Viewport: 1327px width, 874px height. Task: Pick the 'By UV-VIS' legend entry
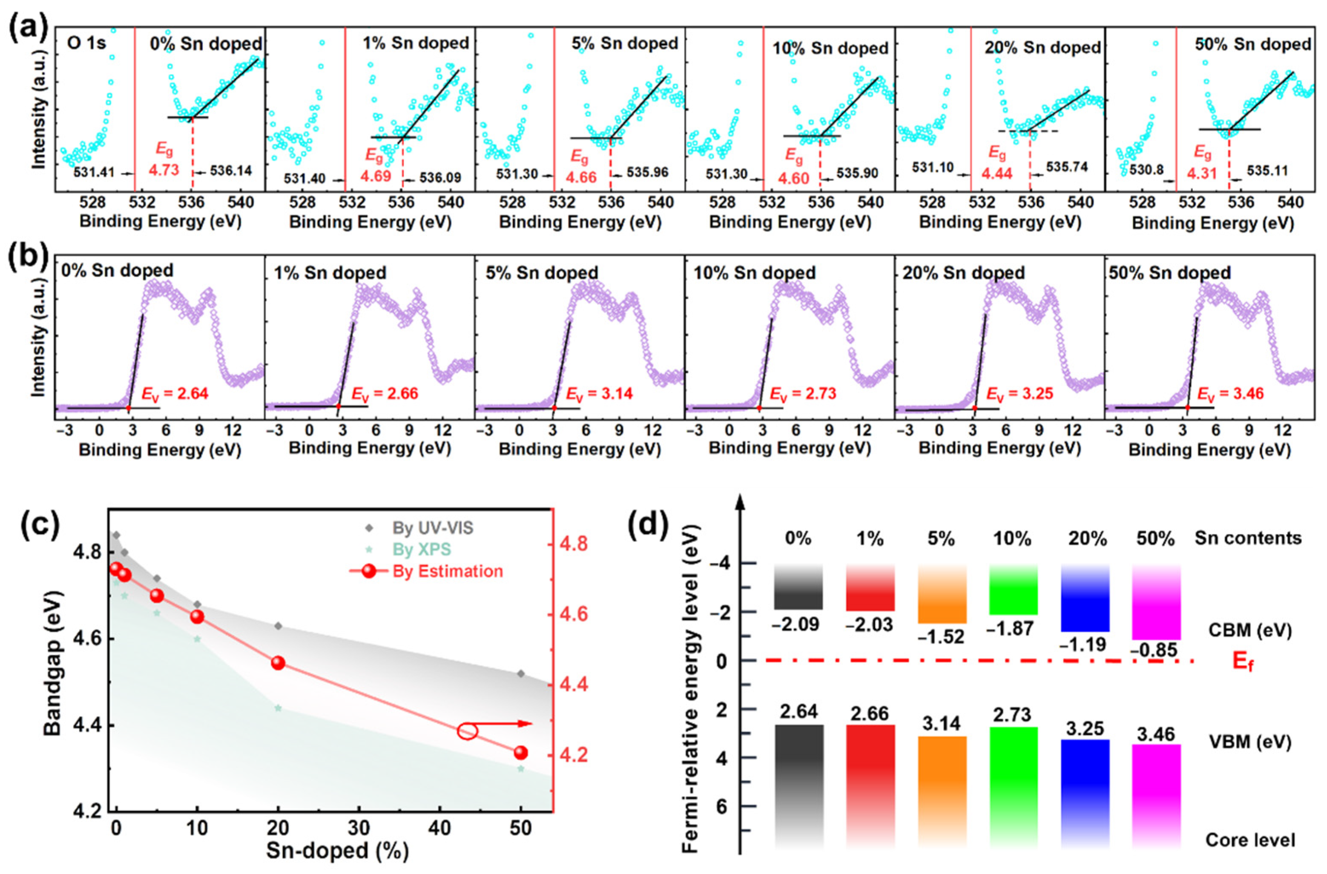pos(433,527)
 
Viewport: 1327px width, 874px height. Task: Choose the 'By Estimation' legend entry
pos(447,571)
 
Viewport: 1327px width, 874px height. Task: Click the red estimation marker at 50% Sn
pos(520,753)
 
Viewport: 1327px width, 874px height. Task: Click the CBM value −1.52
pos(942,636)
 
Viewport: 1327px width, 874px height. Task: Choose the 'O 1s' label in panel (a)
pos(86,43)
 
